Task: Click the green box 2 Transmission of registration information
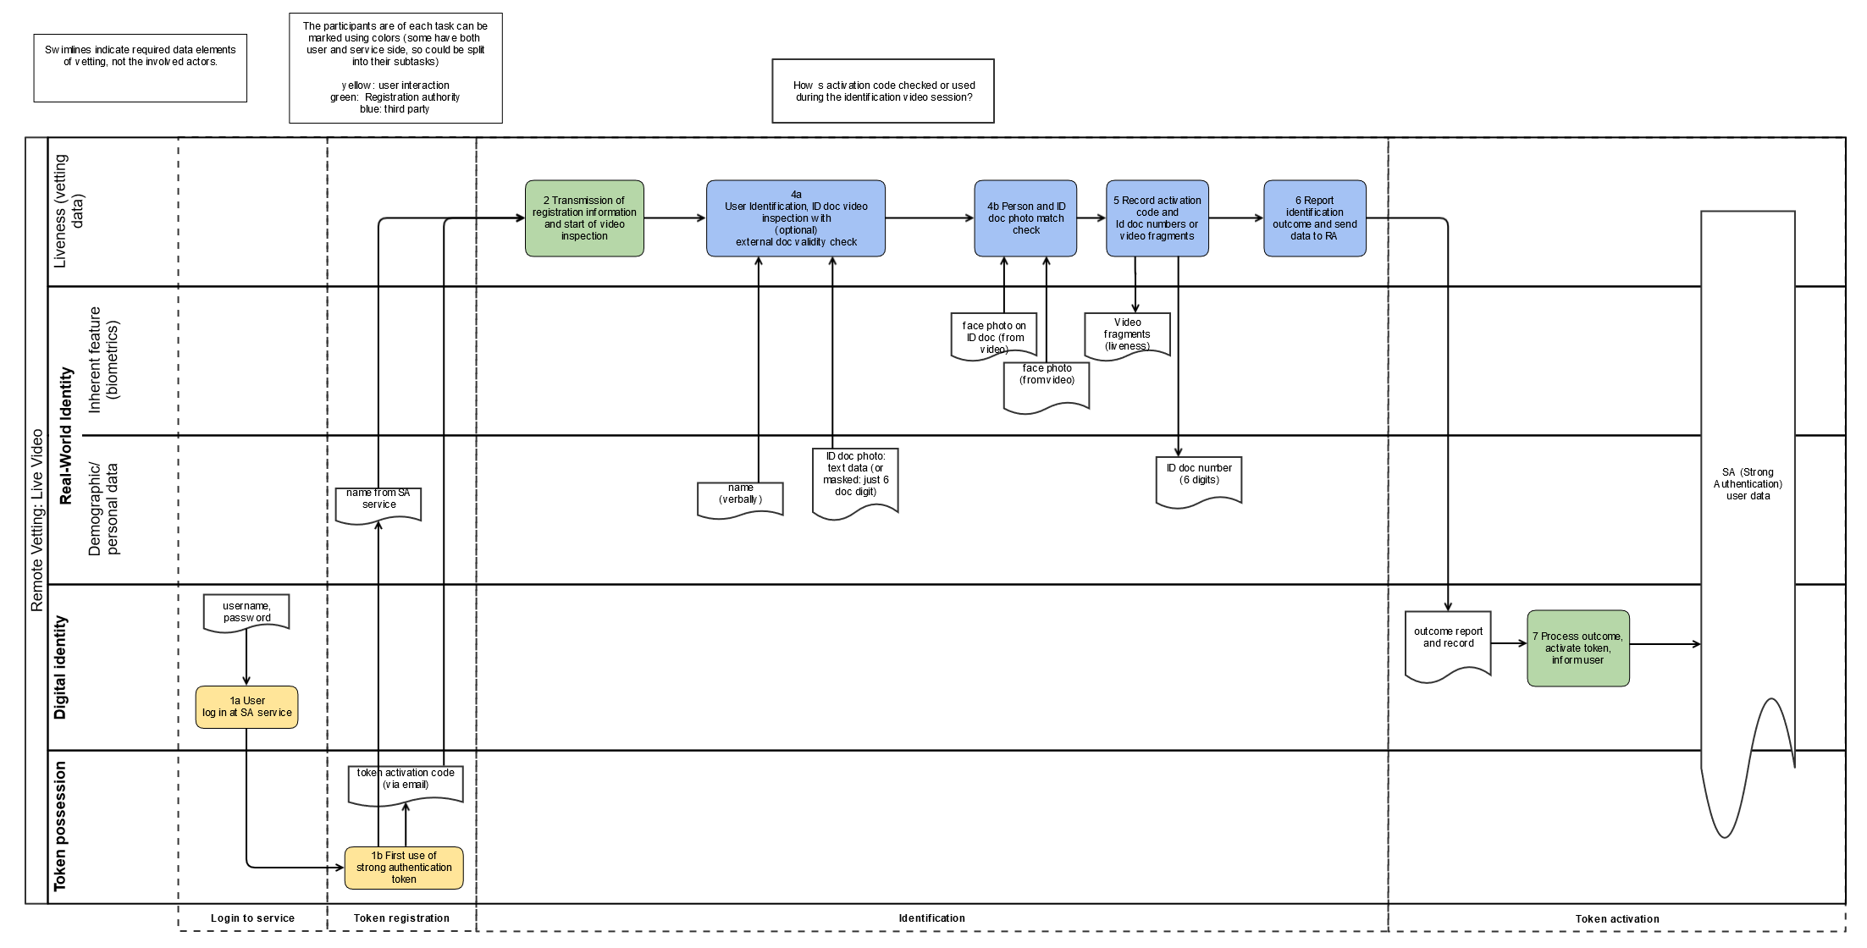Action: coord(584,218)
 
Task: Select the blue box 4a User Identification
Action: coord(796,218)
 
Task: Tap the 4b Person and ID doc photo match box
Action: coord(1025,218)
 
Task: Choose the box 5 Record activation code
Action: coord(1157,218)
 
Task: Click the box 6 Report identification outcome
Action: coord(1314,218)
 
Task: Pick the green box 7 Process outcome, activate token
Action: coord(1577,648)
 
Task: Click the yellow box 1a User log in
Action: coord(246,707)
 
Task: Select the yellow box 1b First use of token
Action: coord(404,868)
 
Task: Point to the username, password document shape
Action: coord(246,612)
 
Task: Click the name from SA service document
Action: coord(378,504)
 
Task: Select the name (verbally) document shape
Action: coord(740,499)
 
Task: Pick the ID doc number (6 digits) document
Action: coord(1199,481)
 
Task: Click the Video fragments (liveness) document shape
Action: coord(1127,335)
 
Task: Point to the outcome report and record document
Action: coord(1448,645)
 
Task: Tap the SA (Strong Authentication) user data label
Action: coord(1748,484)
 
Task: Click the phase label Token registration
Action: coord(401,918)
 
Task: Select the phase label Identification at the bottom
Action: coord(931,918)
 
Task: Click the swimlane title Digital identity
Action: coord(60,667)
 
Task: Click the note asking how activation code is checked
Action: coord(883,91)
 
